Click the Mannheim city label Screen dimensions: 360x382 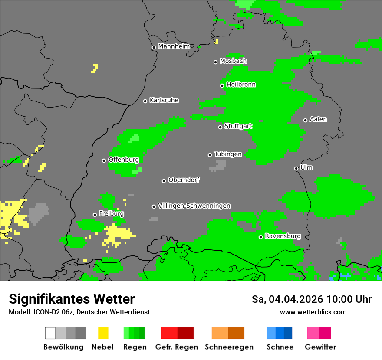point(174,46)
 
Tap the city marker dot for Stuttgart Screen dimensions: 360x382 point(220,127)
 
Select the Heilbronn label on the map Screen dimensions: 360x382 point(241,85)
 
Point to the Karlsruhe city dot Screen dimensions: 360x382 point(145,101)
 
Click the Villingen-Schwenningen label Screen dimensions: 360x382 point(194,206)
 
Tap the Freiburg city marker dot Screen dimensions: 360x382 point(95,215)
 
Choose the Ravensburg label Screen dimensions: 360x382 point(283,236)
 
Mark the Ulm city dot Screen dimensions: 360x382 point(296,168)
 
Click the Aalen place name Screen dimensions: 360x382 point(318,119)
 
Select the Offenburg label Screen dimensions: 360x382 point(124,160)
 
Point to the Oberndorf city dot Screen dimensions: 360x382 point(164,181)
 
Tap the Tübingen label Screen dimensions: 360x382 point(228,154)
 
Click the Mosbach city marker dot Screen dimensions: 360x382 point(215,62)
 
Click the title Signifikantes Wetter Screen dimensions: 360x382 point(72,299)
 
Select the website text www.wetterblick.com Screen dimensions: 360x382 point(313,312)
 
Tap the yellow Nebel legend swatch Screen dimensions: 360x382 point(103,333)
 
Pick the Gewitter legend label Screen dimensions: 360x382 point(320,347)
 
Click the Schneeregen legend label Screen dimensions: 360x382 point(229,347)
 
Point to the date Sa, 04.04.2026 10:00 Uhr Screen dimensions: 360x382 point(311,299)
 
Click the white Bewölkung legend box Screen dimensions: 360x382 point(50,333)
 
